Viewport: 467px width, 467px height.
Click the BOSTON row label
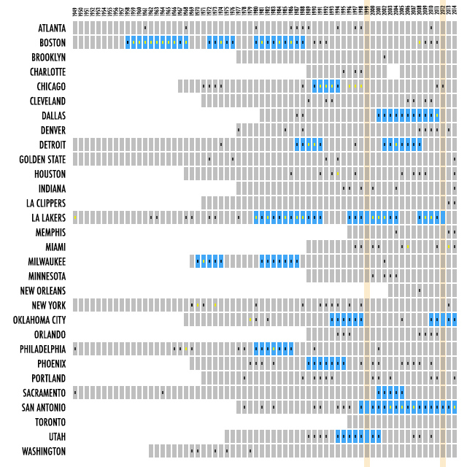point(53,42)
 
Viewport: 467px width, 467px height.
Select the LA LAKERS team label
point(48,217)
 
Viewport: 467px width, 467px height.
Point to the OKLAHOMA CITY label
point(39,320)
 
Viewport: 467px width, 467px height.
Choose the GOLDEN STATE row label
point(42,159)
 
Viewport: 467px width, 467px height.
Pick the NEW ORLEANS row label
point(43,290)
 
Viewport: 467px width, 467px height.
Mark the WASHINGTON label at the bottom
point(44,451)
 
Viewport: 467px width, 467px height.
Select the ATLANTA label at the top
point(52,28)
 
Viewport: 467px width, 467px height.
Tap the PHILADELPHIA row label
point(43,349)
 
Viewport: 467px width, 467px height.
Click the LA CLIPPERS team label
point(46,203)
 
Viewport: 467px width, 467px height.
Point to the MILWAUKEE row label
point(47,261)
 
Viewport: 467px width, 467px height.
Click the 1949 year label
point(75,11)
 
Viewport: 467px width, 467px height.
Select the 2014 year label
point(455,11)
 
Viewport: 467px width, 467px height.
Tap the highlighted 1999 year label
point(367,11)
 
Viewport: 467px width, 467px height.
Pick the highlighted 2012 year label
point(443,11)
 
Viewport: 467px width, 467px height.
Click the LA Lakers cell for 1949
point(75,217)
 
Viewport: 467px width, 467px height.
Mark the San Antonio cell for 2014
point(455,407)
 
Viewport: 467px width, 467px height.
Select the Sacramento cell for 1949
point(75,393)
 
